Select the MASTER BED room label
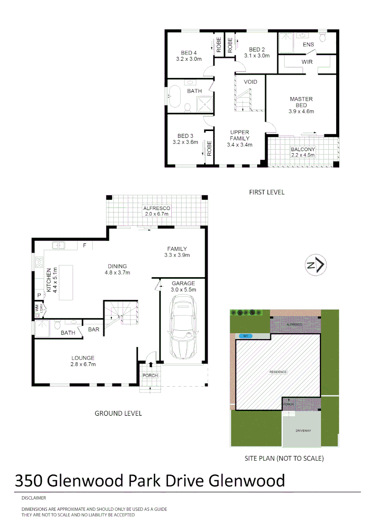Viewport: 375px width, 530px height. (301, 102)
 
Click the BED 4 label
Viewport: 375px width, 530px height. (188, 53)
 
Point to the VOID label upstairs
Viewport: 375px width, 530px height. (250, 81)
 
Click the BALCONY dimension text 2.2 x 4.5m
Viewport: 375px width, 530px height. (303, 155)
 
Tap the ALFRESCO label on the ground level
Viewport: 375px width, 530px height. (157, 208)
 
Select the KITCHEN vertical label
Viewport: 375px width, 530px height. (48, 281)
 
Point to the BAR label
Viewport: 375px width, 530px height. (94, 329)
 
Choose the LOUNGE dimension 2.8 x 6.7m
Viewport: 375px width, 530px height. (82, 364)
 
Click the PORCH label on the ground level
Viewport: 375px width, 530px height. (150, 375)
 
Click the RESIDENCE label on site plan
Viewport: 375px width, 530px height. (278, 372)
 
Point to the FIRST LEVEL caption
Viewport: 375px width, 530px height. (267, 192)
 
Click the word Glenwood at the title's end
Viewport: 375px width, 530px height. (247, 480)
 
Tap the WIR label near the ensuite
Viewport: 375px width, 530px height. (307, 62)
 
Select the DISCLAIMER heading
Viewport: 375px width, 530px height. (33, 498)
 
